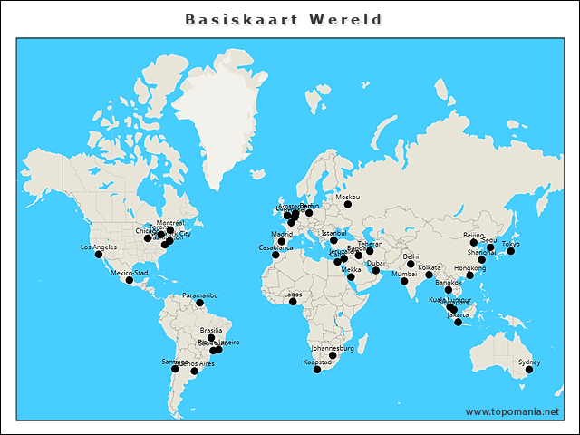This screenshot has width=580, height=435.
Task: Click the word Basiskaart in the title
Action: pos(238,19)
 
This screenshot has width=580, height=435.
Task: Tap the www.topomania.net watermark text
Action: pos(512,411)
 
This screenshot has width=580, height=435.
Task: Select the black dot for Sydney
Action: pos(529,370)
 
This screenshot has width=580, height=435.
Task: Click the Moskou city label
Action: pos(347,197)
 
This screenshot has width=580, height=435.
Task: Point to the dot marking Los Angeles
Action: pos(99,255)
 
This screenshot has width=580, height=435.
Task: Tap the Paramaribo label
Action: pos(199,295)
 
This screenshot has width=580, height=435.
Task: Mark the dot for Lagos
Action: pos(293,302)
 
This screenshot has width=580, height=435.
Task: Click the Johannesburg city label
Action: pos(332,348)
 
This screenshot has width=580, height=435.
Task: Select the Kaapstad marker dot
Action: pos(317,370)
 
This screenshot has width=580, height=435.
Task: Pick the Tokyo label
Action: pos(511,244)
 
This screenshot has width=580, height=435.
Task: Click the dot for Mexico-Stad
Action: pos(130,280)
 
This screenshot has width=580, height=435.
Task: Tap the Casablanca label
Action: pos(276,247)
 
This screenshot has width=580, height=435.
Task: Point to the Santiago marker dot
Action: pos(176,370)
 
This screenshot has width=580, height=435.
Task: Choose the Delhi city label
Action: pos(411,256)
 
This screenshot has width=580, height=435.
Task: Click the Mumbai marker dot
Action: pos(404,281)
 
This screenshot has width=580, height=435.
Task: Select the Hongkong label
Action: pos(469,268)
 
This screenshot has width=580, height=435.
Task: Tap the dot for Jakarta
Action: pos(459,322)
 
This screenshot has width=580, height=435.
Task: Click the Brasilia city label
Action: pos(211,331)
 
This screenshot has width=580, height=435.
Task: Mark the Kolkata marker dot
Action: pos(429,275)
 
